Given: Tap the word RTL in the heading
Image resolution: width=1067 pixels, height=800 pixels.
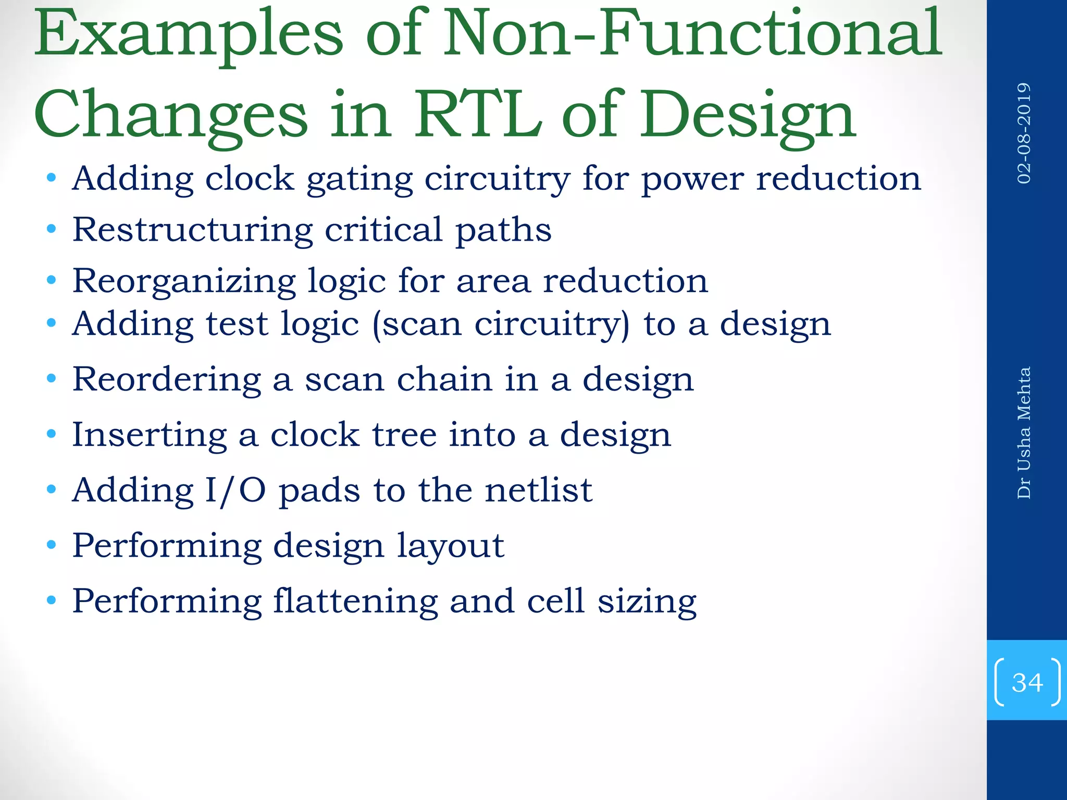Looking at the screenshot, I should pos(477,115).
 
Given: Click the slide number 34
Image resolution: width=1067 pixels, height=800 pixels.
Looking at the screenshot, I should pos(1027,682).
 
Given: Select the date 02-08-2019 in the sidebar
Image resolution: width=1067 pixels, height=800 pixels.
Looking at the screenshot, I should pos(1024,133).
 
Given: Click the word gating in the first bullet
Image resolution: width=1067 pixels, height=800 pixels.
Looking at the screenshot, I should pos(359,180).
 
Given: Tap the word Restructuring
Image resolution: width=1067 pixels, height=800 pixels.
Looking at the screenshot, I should pos(192,230).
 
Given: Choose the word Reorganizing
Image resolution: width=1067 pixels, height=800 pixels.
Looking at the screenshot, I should pos(184,281).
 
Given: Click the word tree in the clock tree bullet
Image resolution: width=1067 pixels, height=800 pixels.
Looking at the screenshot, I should pos(404,434).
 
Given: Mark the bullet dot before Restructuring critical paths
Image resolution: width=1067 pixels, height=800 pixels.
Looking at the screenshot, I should pos(51,229).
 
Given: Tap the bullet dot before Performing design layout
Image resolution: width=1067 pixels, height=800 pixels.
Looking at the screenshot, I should pos(51,545).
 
